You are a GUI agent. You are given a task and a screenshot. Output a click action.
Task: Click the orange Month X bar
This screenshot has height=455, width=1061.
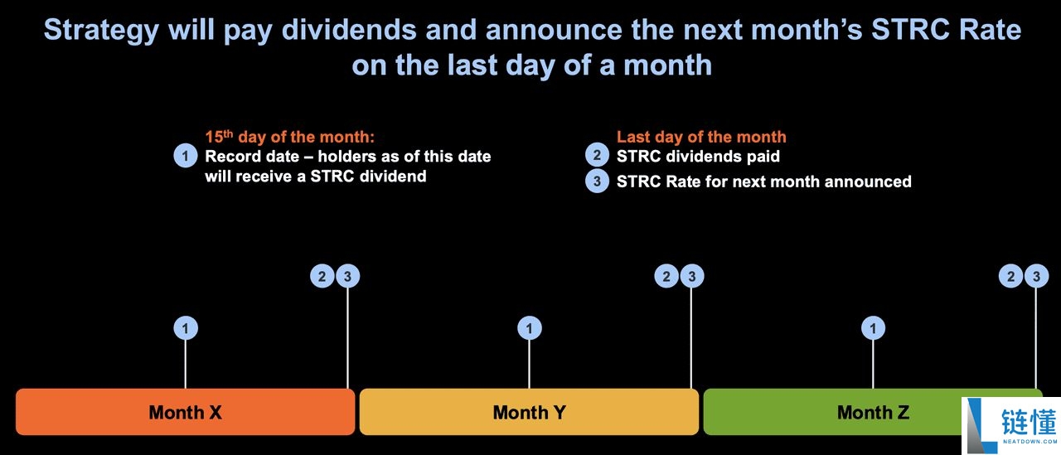click(185, 412)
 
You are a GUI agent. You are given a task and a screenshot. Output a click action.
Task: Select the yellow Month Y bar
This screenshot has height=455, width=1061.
click(529, 412)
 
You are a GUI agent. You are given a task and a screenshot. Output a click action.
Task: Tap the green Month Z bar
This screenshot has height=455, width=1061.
click(834, 412)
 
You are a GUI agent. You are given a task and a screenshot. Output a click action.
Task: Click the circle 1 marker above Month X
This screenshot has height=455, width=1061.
click(185, 328)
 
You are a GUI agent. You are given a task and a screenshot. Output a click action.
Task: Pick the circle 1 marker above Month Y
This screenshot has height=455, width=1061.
click(529, 328)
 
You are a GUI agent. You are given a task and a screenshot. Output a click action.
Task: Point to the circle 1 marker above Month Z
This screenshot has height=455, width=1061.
click(873, 328)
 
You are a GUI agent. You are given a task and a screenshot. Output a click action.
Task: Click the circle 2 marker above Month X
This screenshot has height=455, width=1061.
click(322, 276)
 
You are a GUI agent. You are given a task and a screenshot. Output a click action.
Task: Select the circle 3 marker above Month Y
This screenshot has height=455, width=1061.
click(691, 276)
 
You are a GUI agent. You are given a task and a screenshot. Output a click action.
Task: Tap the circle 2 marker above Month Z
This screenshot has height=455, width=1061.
click(1010, 276)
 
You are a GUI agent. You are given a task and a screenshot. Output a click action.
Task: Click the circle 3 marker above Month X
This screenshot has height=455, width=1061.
click(347, 276)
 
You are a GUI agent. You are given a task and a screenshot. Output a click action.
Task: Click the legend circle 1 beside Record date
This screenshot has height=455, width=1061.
click(185, 155)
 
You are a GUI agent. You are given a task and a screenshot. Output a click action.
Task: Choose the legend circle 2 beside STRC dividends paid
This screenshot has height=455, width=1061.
click(597, 155)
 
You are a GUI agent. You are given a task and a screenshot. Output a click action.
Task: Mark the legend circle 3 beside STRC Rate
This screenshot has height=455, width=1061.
click(597, 181)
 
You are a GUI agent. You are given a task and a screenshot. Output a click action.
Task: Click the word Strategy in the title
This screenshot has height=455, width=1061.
click(101, 31)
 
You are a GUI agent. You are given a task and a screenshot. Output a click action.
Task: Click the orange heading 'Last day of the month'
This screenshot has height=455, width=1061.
click(701, 138)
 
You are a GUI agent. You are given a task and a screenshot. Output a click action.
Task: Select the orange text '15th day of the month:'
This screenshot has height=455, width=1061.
click(289, 137)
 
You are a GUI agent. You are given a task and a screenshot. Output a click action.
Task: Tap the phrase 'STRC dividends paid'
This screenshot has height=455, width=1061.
click(698, 157)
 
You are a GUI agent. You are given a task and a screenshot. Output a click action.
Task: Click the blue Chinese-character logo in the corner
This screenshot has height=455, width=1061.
click(1029, 423)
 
